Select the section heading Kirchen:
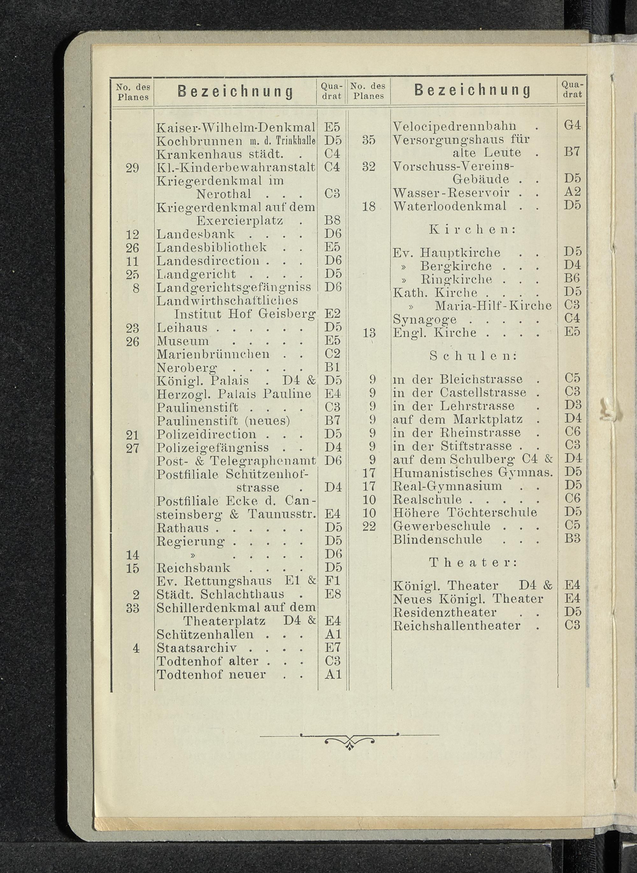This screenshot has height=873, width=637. point(473,230)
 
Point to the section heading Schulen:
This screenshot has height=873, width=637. point(473,356)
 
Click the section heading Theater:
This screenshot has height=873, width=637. point(473,562)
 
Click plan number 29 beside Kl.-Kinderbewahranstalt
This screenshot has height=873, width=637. point(132,168)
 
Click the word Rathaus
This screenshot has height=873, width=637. point(183,528)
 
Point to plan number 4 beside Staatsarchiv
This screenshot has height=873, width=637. point(136,648)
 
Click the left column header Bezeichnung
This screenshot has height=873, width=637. point(235,92)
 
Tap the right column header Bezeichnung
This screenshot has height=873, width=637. point(472,90)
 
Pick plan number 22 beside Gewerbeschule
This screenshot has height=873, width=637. point(369,526)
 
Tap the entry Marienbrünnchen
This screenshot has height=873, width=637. point(213,354)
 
